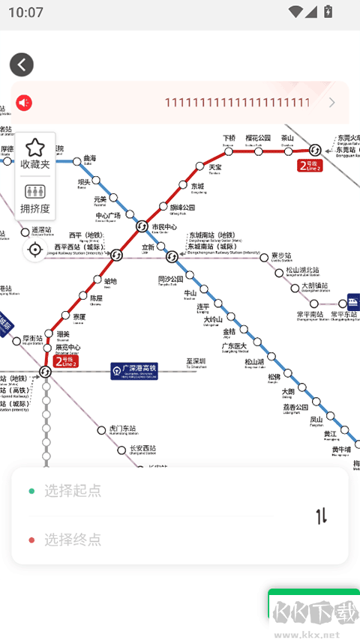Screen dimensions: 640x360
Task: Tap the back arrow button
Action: (x=22, y=64)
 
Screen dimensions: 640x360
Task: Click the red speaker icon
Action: (x=25, y=103)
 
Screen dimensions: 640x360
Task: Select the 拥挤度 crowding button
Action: (x=34, y=199)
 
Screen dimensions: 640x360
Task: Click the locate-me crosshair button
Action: (x=34, y=250)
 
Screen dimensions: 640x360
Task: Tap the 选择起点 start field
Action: (x=72, y=491)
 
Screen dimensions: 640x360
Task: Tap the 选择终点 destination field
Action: (x=72, y=540)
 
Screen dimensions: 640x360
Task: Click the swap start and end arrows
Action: (x=322, y=516)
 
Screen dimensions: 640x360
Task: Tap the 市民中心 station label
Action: (x=164, y=227)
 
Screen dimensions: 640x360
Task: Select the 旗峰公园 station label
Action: (x=182, y=208)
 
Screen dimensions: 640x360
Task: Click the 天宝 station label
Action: (x=214, y=167)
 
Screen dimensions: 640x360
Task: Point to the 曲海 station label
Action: (x=90, y=159)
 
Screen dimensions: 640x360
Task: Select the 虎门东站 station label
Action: (x=124, y=429)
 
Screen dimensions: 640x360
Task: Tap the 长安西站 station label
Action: (x=142, y=449)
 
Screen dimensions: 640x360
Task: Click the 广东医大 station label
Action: (x=234, y=346)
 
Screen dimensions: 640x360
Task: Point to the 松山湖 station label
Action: (x=254, y=362)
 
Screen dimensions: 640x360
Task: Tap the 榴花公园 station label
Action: (x=258, y=139)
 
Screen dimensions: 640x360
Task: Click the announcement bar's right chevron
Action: (x=332, y=103)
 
